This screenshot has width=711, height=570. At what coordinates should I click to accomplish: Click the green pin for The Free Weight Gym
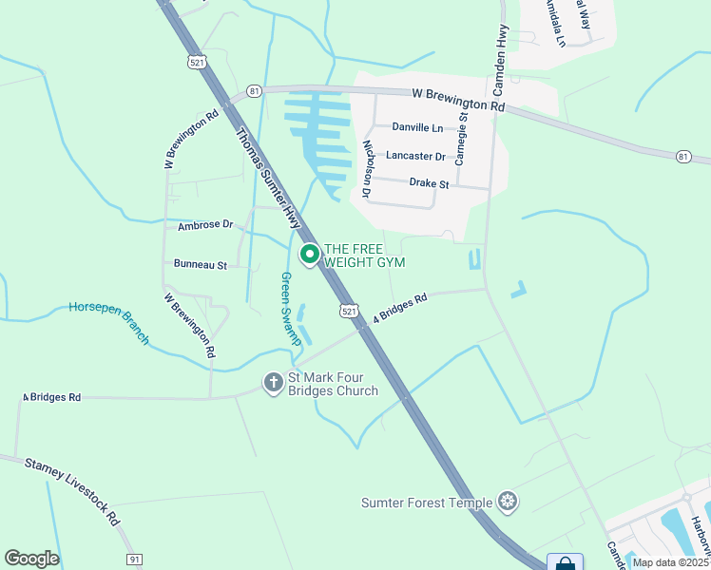pyautogui.click(x=309, y=255)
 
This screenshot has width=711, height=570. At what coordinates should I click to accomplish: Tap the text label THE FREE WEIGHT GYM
pyautogui.click(x=365, y=256)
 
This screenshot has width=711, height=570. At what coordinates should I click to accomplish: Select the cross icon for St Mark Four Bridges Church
pyautogui.click(x=273, y=383)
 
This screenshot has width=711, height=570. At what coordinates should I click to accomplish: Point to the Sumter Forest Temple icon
pyautogui.click(x=509, y=502)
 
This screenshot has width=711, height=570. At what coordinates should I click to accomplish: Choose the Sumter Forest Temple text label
pyautogui.click(x=427, y=503)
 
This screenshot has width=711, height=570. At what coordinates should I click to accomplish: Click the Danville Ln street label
pyautogui.click(x=417, y=127)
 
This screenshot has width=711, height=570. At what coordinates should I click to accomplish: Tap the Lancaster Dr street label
pyautogui.click(x=415, y=156)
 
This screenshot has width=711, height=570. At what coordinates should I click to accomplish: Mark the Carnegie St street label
pyautogui.click(x=462, y=139)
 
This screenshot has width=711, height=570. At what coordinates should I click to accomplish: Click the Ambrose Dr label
pyautogui.click(x=205, y=225)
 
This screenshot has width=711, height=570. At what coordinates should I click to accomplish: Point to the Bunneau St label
pyautogui.click(x=200, y=264)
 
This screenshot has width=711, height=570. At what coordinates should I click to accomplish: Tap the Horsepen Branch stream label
pyautogui.click(x=109, y=322)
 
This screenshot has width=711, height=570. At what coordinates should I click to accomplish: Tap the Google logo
pyautogui.click(x=31, y=559)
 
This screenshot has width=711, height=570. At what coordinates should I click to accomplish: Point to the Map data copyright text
pyautogui.click(x=670, y=562)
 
